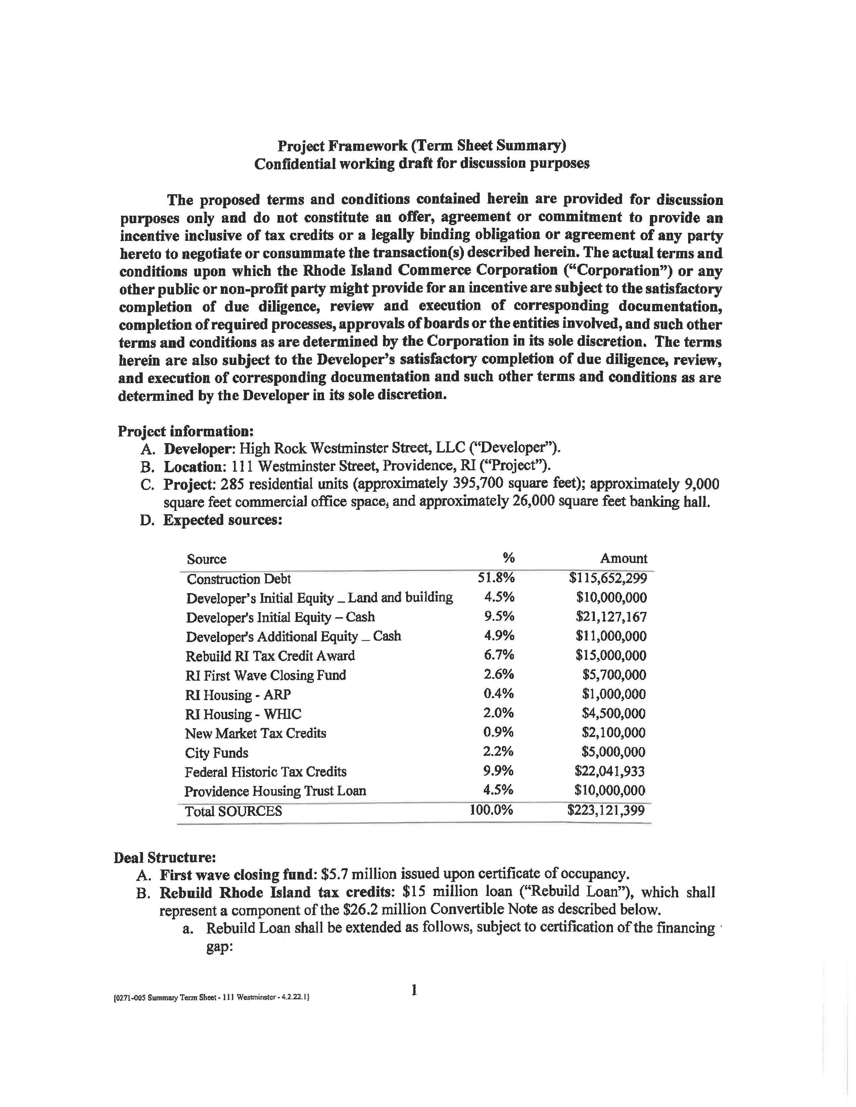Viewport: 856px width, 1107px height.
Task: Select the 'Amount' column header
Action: coord(623,559)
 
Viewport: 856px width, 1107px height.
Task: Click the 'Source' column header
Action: coord(206,559)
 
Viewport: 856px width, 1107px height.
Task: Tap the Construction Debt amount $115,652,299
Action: coord(608,578)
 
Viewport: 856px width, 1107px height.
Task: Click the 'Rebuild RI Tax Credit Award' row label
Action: coord(270,656)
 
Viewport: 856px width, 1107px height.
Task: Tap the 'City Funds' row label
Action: coord(217,753)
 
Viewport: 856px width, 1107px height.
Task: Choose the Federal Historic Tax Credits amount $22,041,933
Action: coord(610,772)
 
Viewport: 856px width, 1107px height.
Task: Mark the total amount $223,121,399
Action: coord(606,810)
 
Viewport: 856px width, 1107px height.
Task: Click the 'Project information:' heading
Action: coord(186,431)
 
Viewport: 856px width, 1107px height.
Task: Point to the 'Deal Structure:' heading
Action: coord(165,858)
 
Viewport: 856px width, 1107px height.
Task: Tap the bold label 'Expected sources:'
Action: coord(223,521)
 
